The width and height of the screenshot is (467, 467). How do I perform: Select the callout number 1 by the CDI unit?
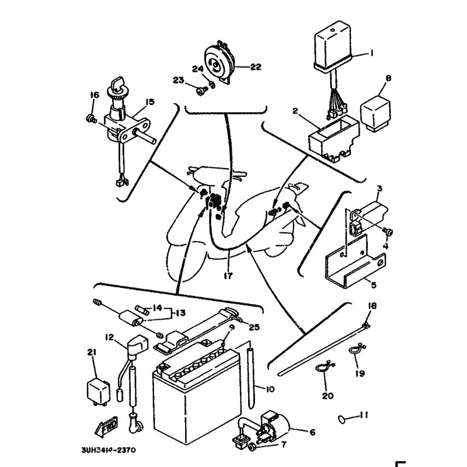click(371, 54)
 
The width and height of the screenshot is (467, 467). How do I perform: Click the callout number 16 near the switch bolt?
click(93, 96)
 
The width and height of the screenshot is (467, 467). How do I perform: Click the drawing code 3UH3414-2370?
click(111, 450)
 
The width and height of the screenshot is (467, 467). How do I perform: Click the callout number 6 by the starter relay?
click(312, 433)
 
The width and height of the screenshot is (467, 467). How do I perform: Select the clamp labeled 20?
click(322, 369)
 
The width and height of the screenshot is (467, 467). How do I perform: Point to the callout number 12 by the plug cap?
click(109, 337)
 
